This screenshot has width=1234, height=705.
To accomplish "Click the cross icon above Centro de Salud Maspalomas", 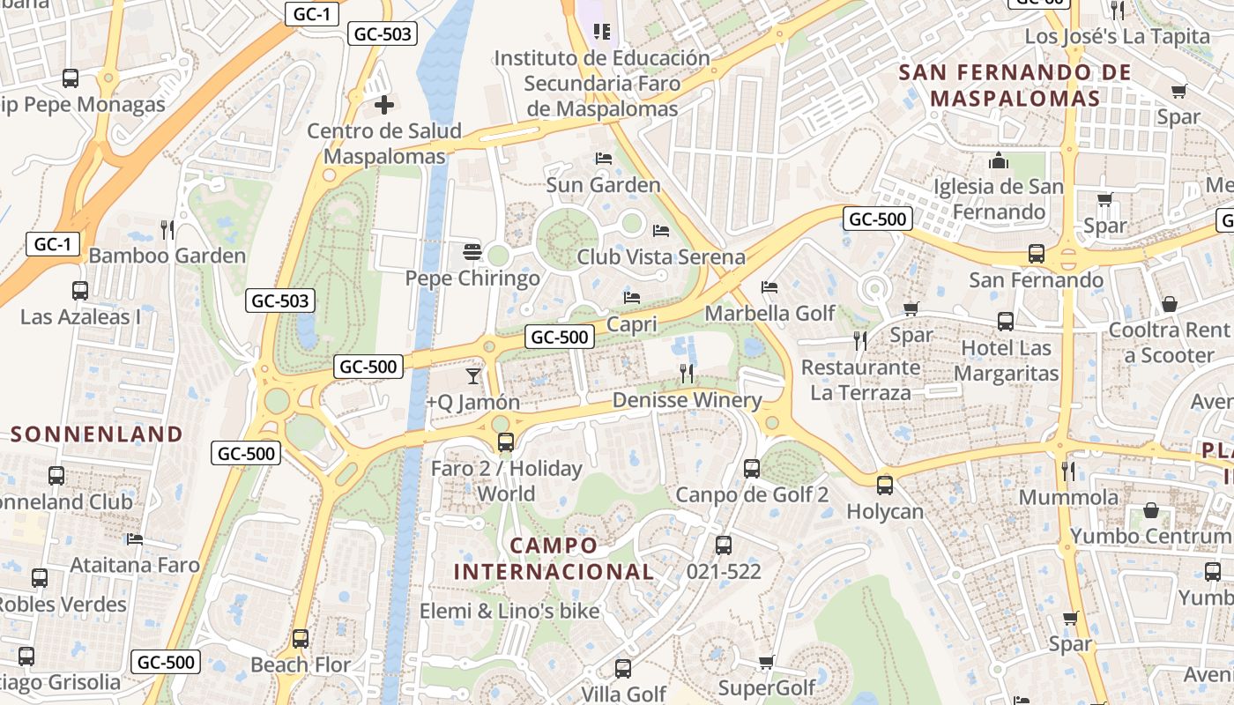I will (384, 106).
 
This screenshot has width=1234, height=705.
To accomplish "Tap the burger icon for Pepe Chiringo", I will (472, 252).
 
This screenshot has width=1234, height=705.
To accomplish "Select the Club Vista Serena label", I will (660, 256).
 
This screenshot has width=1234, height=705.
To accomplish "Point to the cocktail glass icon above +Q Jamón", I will (473, 376).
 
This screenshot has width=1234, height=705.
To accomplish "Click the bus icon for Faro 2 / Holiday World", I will (506, 442).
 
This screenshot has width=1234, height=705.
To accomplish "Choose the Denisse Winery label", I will (687, 400).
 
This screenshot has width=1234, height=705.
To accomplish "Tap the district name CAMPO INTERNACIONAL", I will (554, 559).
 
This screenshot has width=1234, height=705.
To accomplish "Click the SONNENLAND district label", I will (96, 434).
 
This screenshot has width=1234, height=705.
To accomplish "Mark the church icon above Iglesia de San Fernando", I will (999, 160).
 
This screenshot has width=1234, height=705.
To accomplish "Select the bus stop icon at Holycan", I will (885, 485).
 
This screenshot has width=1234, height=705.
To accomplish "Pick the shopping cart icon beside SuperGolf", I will (767, 662).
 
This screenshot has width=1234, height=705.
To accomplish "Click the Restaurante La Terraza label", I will (860, 380).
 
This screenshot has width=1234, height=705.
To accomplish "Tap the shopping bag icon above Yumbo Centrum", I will (1151, 510).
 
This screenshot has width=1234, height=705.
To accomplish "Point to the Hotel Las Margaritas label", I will (1006, 360).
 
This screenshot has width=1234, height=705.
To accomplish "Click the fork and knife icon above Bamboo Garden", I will (167, 230).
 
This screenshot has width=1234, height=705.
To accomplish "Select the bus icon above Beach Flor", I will (301, 638).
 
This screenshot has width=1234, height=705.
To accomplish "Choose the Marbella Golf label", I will (769, 314).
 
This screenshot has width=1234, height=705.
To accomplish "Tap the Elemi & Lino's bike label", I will (509, 611).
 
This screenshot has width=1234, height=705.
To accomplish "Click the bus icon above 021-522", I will (724, 545).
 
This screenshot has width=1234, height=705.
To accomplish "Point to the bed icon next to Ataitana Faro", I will (135, 538).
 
